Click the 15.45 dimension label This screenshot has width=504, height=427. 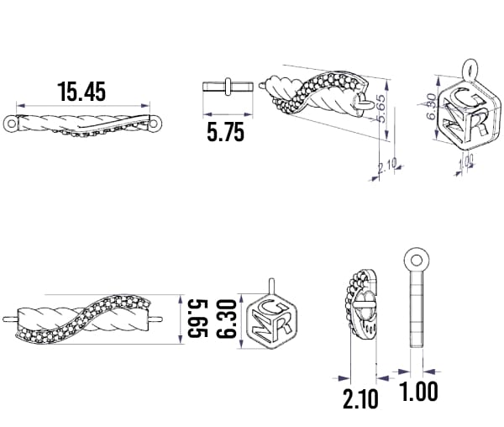pos(81,92)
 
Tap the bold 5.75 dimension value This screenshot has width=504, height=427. pos(225,132)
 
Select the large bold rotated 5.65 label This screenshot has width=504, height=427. pos(197,319)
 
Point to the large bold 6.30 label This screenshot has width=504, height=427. pos(227,319)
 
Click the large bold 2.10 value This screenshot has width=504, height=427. pos(360,398)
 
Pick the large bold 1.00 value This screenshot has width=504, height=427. pos(418,391)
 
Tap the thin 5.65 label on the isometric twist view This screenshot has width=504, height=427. pos(381,108)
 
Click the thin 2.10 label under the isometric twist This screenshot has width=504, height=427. pos(387,166)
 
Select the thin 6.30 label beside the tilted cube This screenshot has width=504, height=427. pos(432,106)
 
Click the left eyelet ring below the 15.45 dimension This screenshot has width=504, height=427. pos(12,124)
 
